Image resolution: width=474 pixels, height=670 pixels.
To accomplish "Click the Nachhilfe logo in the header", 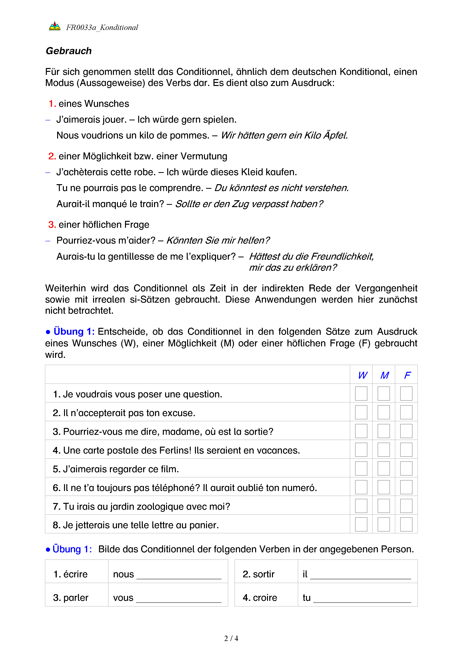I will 55,26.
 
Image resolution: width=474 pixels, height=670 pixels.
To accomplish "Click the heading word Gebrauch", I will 69,51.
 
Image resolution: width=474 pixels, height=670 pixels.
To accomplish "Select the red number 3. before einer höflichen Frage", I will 52,224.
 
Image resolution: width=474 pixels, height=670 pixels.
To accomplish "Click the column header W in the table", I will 363,375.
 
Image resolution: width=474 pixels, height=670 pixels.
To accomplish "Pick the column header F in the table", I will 407,375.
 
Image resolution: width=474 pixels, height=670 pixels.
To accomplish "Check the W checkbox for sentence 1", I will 361,394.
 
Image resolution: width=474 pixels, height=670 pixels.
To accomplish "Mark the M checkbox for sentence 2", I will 384,412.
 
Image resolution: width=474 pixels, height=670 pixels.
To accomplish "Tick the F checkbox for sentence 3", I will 406,431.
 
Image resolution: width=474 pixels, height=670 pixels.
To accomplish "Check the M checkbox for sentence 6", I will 384,487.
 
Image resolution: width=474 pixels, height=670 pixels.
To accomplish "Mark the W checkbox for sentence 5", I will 361,468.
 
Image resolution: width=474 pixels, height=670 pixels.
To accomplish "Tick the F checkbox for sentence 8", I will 406,524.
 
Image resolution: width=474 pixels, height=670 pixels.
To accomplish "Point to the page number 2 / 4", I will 231,638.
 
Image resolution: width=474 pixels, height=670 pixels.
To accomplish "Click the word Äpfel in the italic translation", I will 336,135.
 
